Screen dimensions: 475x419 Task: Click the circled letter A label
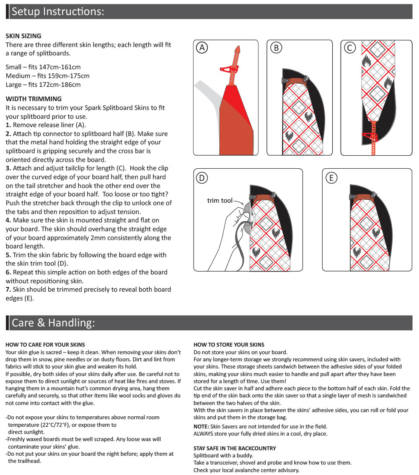[x=202, y=48]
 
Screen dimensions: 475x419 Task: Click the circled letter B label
[x=276, y=48]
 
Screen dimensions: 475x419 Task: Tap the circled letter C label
[x=349, y=48]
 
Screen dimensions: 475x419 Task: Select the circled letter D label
[x=202, y=178]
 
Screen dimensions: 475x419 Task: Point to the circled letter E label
[x=331, y=178]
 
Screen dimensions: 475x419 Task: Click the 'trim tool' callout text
[x=220, y=201]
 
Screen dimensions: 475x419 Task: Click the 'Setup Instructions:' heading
[x=57, y=11]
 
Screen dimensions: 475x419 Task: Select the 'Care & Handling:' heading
[x=53, y=323]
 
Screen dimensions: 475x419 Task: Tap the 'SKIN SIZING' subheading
[x=23, y=36]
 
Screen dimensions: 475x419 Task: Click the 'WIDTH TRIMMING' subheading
[x=34, y=99]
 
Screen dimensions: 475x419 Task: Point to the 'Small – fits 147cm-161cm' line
[x=43, y=67]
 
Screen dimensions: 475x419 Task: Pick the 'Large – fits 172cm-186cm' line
[x=43, y=84]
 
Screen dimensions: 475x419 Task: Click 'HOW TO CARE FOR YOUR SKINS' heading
[x=45, y=345]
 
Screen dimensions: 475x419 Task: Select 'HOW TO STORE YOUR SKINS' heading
[x=229, y=345]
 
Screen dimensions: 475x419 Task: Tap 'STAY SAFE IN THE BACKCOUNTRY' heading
[x=235, y=448]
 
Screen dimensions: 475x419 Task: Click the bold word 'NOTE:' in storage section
[x=201, y=426]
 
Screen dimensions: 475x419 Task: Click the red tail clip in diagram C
[x=370, y=136]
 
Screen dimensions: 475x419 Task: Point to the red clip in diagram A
[x=229, y=69]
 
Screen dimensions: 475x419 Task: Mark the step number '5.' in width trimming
[x=8, y=255]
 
